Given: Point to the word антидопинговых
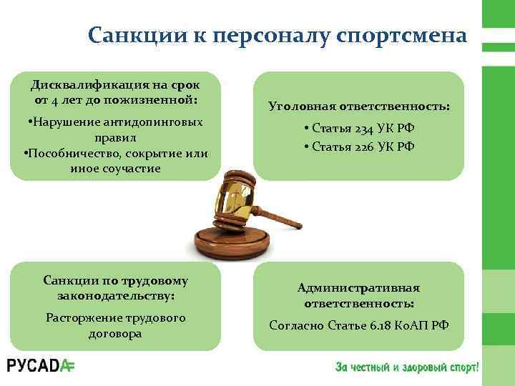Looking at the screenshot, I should pyautogui.click(x=151, y=122).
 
